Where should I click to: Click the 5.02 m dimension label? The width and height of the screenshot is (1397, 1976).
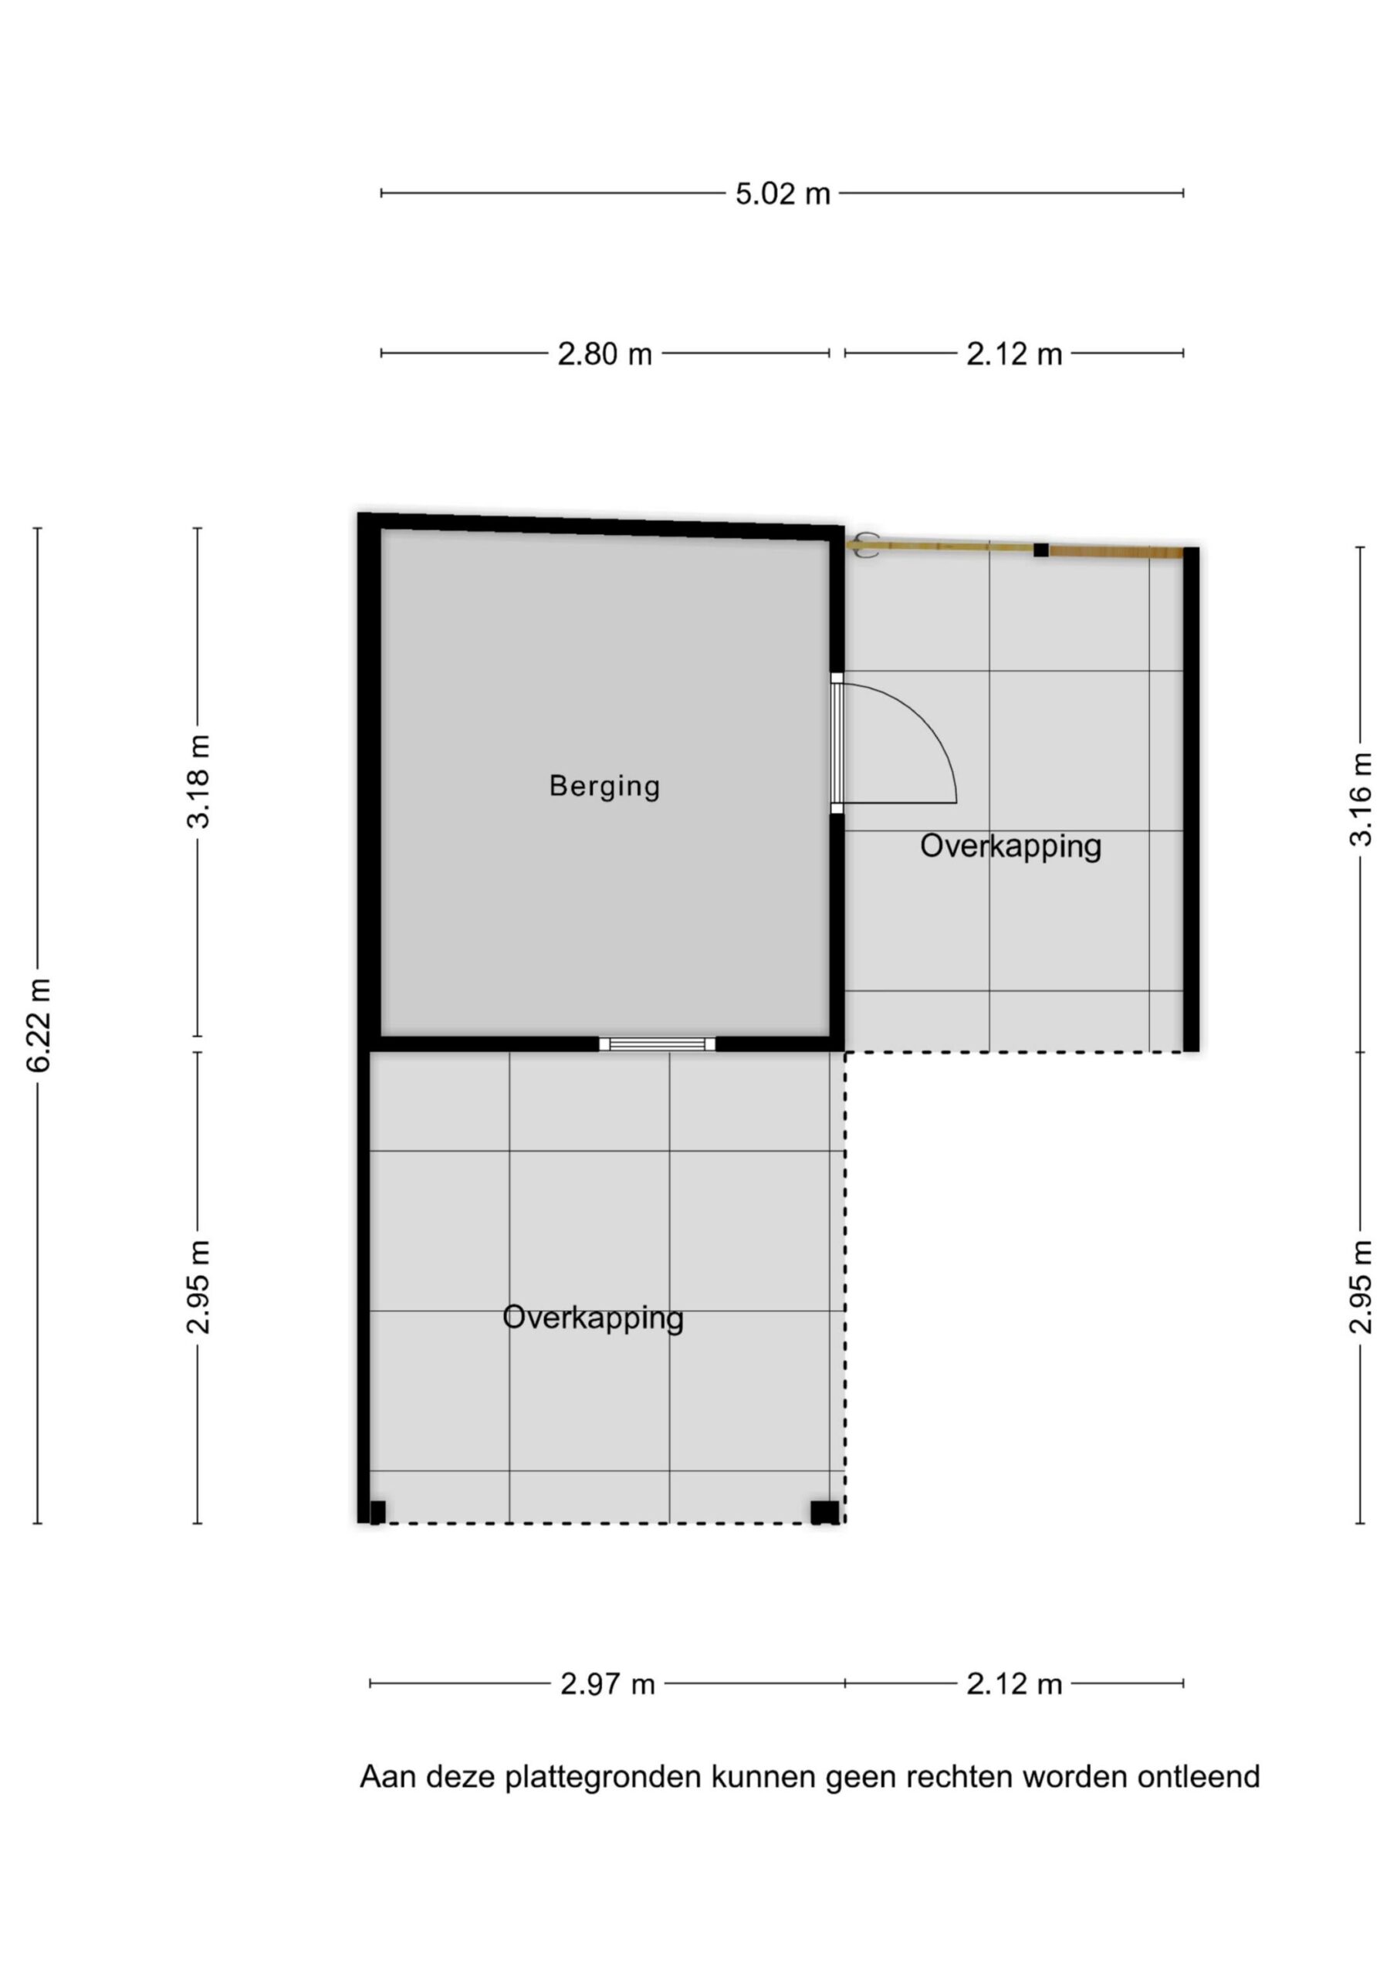(783, 194)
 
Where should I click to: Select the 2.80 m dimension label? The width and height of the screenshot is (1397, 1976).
(605, 354)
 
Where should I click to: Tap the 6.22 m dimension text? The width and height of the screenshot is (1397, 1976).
(39, 1025)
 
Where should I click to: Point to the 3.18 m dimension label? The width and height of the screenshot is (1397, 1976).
(198, 781)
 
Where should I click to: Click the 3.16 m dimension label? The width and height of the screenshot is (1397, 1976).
(1361, 800)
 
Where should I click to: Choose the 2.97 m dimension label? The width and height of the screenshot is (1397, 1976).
(607, 1684)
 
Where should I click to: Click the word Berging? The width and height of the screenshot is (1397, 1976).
(605, 787)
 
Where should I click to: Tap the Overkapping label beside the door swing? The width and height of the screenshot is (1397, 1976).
(1010, 847)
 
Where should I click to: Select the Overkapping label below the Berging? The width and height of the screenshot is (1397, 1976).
(593, 1318)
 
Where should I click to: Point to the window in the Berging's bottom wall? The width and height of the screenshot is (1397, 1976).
(658, 1044)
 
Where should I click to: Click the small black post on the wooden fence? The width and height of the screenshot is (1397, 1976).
(1041, 550)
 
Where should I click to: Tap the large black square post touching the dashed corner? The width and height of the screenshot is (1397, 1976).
(824, 1512)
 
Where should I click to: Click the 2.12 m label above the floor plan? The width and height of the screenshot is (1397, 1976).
(1014, 354)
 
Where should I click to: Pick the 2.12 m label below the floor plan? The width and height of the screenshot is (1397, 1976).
(1014, 1684)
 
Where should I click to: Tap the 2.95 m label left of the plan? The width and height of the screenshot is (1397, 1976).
(198, 1287)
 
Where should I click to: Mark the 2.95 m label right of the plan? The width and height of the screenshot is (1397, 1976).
(1361, 1287)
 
